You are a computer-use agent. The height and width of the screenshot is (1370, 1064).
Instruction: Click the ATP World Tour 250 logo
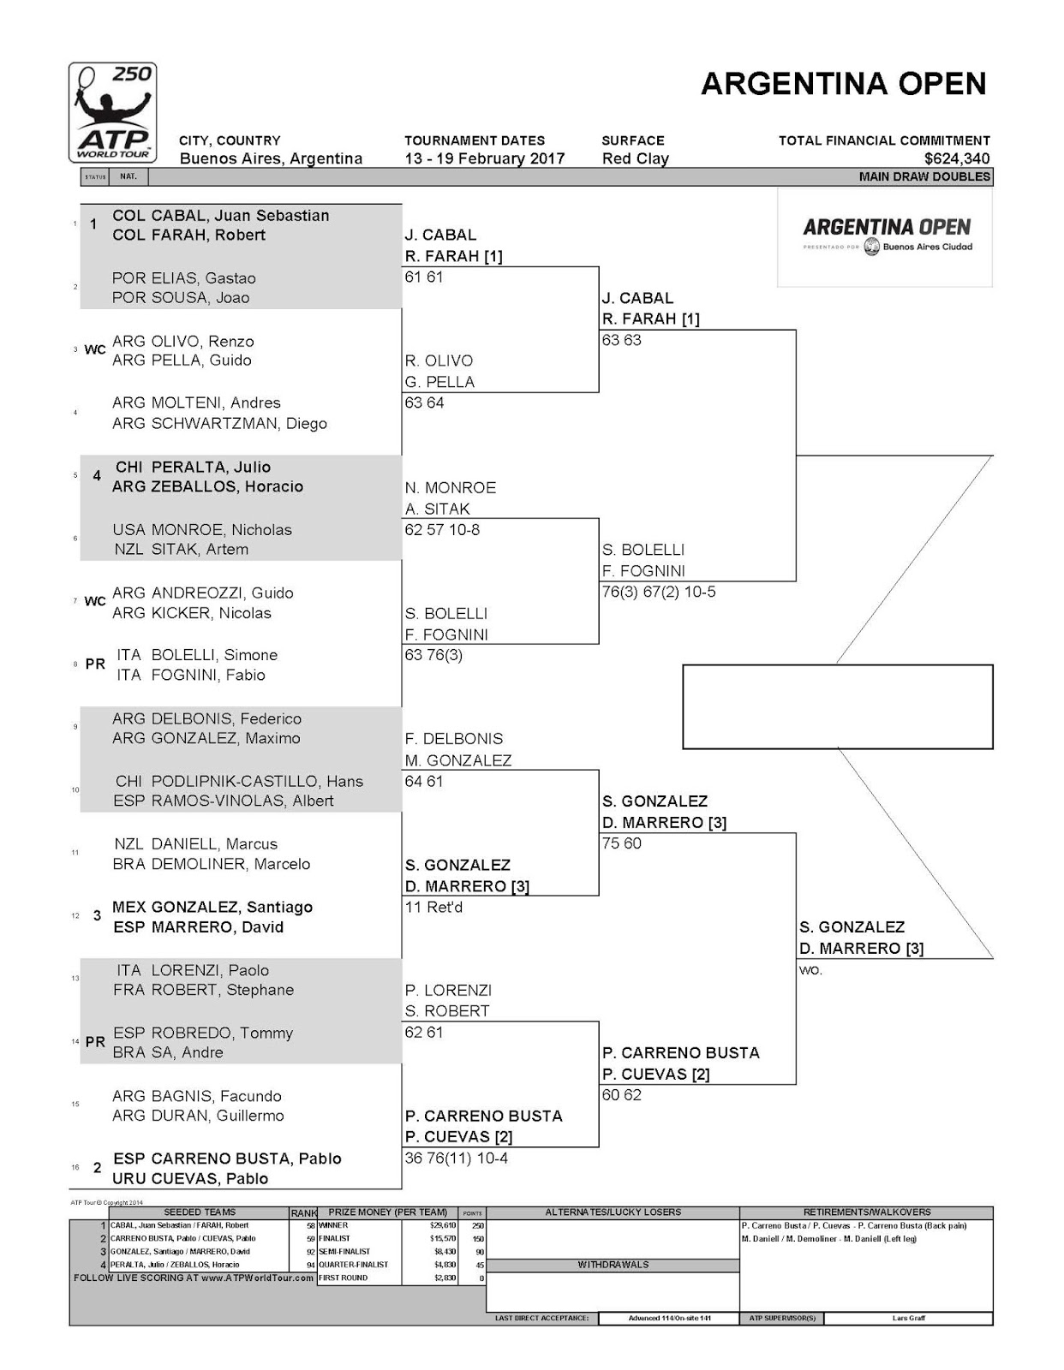click(112, 112)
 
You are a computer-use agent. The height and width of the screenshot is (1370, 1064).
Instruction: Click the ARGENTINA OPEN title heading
click(843, 84)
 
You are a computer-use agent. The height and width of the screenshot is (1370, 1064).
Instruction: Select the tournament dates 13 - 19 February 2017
click(484, 158)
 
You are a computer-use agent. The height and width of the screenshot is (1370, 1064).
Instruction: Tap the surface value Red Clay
click(635, 158)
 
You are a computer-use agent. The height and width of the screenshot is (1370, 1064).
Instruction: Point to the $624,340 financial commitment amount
click(957, 158)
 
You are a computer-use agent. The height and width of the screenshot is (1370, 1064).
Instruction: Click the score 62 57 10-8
click(442, 530)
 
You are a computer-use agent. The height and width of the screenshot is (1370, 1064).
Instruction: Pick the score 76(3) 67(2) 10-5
click(659, 592)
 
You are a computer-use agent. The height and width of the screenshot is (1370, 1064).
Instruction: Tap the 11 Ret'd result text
click(433, 908)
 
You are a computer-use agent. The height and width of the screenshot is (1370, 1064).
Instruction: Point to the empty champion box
click(837, 706)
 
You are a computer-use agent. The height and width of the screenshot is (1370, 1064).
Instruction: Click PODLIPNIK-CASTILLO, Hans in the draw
click(257, 781)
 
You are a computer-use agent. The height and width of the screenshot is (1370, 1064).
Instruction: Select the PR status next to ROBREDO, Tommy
click(95, 1042)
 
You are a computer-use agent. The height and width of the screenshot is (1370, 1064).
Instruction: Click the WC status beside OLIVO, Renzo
click(95, 350)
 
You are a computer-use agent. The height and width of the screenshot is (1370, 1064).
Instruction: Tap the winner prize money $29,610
click(443, 1225)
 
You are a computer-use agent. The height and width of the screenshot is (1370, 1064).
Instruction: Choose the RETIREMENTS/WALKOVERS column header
click(866, 1212)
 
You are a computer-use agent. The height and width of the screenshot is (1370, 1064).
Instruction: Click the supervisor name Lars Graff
click(908, 1319)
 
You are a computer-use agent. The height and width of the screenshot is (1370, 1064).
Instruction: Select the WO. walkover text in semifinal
click(810, 970)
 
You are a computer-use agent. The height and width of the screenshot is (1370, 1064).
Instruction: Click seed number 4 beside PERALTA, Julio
click(97, 476)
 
